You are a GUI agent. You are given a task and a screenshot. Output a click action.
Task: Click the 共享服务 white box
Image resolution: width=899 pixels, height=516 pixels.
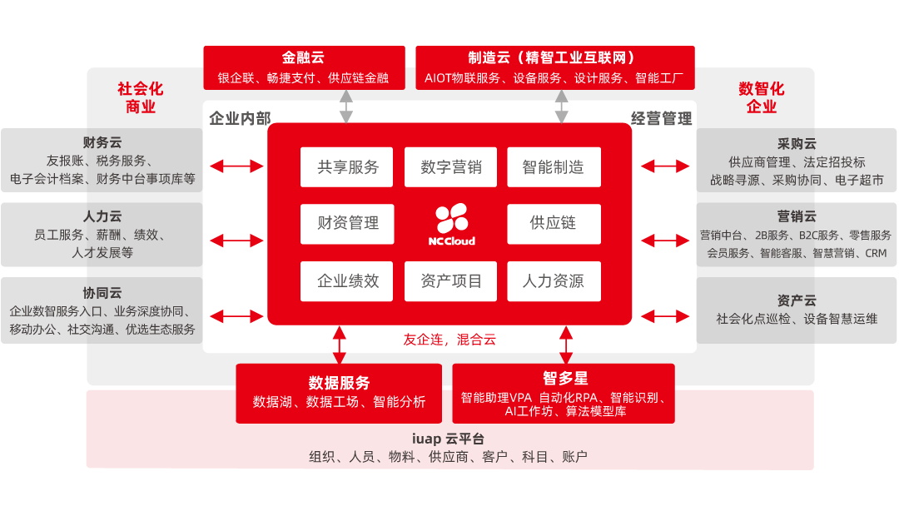pyautogui.click(x=347, y=167)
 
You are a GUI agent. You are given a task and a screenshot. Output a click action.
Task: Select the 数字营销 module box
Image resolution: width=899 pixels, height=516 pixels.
pyautogui.click(x=450, y=167)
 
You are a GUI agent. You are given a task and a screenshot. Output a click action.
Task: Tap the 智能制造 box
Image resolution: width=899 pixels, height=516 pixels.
pyautogui.click(x=554, y=167)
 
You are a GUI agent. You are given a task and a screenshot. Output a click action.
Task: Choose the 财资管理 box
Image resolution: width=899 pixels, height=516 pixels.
pyautogui.click(x=347, y=224)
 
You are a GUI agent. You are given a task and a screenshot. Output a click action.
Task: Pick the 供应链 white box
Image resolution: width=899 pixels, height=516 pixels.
pyautogui.click(x=554, y=224)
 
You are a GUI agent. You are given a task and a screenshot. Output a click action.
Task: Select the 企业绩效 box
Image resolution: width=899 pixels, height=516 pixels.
pyautogui.click(x=347, y=281)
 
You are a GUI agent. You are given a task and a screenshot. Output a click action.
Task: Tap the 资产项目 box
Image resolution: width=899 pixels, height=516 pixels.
pyautogui.click(x=450, y=281)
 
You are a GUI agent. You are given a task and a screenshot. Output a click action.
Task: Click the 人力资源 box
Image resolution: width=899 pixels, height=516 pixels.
pyautogui.click(x=554, y=281)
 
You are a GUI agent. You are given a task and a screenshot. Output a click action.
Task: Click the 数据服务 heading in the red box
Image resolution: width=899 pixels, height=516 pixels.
pyautogui.click(x=339, y=383)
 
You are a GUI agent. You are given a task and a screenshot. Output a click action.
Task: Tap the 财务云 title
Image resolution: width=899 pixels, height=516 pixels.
pyautogui.click(x=102, y=143)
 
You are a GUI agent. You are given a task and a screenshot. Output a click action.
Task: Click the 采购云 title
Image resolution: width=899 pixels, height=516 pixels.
pyautogui.click(x=797, y=143)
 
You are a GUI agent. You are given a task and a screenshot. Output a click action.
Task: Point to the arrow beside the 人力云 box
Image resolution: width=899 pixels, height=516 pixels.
pyautogui.click(x=236, y=241)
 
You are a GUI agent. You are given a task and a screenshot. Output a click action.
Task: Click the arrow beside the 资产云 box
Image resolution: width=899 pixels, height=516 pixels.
pyautogui.click(x=665, y=316)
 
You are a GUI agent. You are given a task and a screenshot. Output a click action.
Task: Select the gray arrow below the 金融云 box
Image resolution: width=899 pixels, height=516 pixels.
pyautogui.click(x=345, y=107)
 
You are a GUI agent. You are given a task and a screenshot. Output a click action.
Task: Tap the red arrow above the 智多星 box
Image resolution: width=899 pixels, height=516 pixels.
pyautogui.click(x=566, y=344)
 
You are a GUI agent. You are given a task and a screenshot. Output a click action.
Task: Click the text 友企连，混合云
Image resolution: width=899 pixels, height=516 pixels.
pyautogui.click(x=449, y=340)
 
